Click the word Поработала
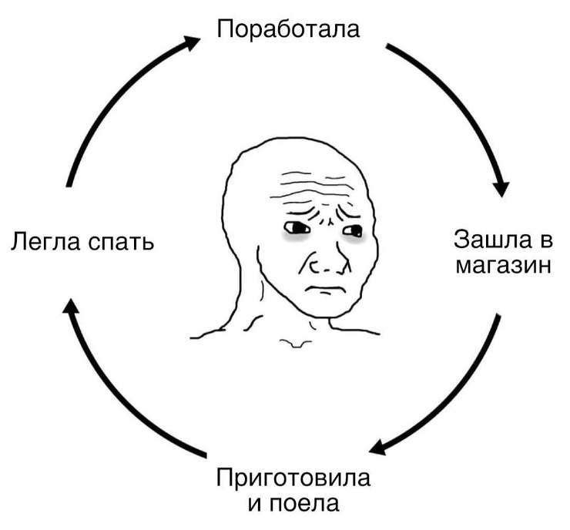288,29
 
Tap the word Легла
45,241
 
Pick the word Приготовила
293,478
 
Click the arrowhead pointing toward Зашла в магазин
501,187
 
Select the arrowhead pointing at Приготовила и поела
378,447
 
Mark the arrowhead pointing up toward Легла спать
71,306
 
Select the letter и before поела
255,505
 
